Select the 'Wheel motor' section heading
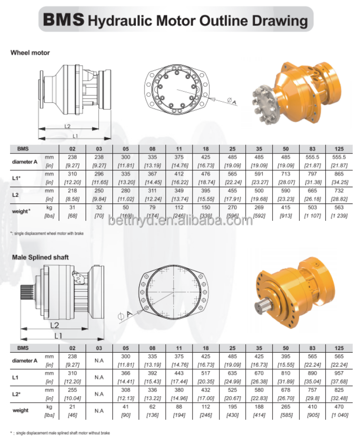coord(30,52)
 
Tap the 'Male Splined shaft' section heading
coord(40,257)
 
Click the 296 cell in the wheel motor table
coord(99,174)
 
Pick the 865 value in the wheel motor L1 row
coord(339,174)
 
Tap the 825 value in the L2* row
coord(339,390)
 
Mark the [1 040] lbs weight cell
coord(339,415)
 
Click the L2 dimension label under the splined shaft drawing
coord(54,325)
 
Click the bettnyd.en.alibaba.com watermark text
coord(180,221)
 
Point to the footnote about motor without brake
coord(62,433)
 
